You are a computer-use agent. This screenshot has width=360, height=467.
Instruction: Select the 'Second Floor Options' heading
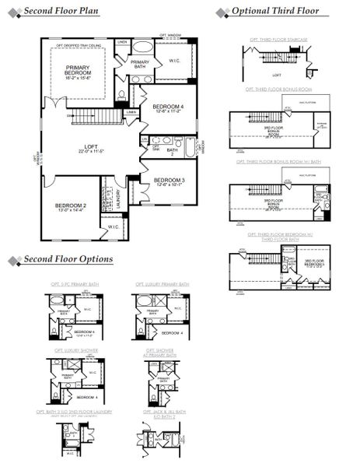[x=68, y=259]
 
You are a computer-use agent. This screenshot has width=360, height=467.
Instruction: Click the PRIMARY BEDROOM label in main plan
[x=78, y=72]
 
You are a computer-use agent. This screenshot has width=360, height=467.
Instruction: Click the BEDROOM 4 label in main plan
[x=169, y=108]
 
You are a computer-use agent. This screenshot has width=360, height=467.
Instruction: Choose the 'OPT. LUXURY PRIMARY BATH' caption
[x=162, y=285]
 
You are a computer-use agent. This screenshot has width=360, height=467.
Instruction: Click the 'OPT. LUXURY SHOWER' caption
[x=72, y=350]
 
